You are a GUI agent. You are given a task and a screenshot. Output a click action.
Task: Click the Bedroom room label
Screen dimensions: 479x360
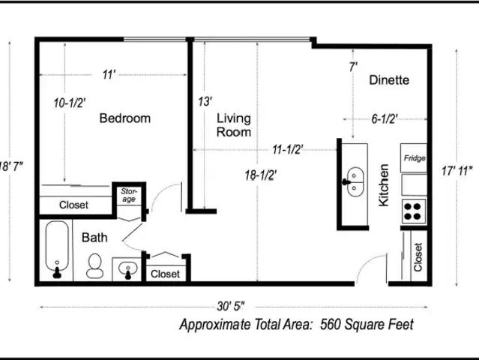125,118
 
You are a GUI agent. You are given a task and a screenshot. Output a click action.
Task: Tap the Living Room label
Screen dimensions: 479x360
234,125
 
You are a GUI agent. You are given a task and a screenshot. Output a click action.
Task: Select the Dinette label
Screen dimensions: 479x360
389,80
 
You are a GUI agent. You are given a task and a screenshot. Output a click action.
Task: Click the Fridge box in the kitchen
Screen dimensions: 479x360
414,157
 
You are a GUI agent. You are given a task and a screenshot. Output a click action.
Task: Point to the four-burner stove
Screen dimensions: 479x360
414,211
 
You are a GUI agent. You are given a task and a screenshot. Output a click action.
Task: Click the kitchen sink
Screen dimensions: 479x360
355,181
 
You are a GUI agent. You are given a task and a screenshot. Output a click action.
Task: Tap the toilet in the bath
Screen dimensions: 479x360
94,265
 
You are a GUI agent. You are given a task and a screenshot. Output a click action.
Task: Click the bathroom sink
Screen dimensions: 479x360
127,269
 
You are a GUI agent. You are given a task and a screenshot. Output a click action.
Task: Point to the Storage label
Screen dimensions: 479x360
129,195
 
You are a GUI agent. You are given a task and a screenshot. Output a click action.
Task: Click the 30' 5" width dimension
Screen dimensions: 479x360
231,306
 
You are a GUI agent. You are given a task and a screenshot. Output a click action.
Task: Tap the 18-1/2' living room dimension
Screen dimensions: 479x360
261,175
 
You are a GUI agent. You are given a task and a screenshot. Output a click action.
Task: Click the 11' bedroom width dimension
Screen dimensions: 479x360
109,74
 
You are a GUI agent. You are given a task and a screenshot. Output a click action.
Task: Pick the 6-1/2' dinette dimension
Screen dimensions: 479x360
385,118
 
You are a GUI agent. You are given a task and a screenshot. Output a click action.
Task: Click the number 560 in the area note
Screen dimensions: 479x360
331,324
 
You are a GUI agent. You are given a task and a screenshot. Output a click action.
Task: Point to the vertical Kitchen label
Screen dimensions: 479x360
384,185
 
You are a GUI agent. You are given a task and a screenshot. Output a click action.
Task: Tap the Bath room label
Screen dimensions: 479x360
94,238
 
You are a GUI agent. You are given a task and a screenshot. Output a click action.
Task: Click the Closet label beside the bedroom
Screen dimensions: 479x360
73,205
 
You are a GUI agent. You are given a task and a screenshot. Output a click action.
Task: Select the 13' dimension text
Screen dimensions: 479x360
205,101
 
